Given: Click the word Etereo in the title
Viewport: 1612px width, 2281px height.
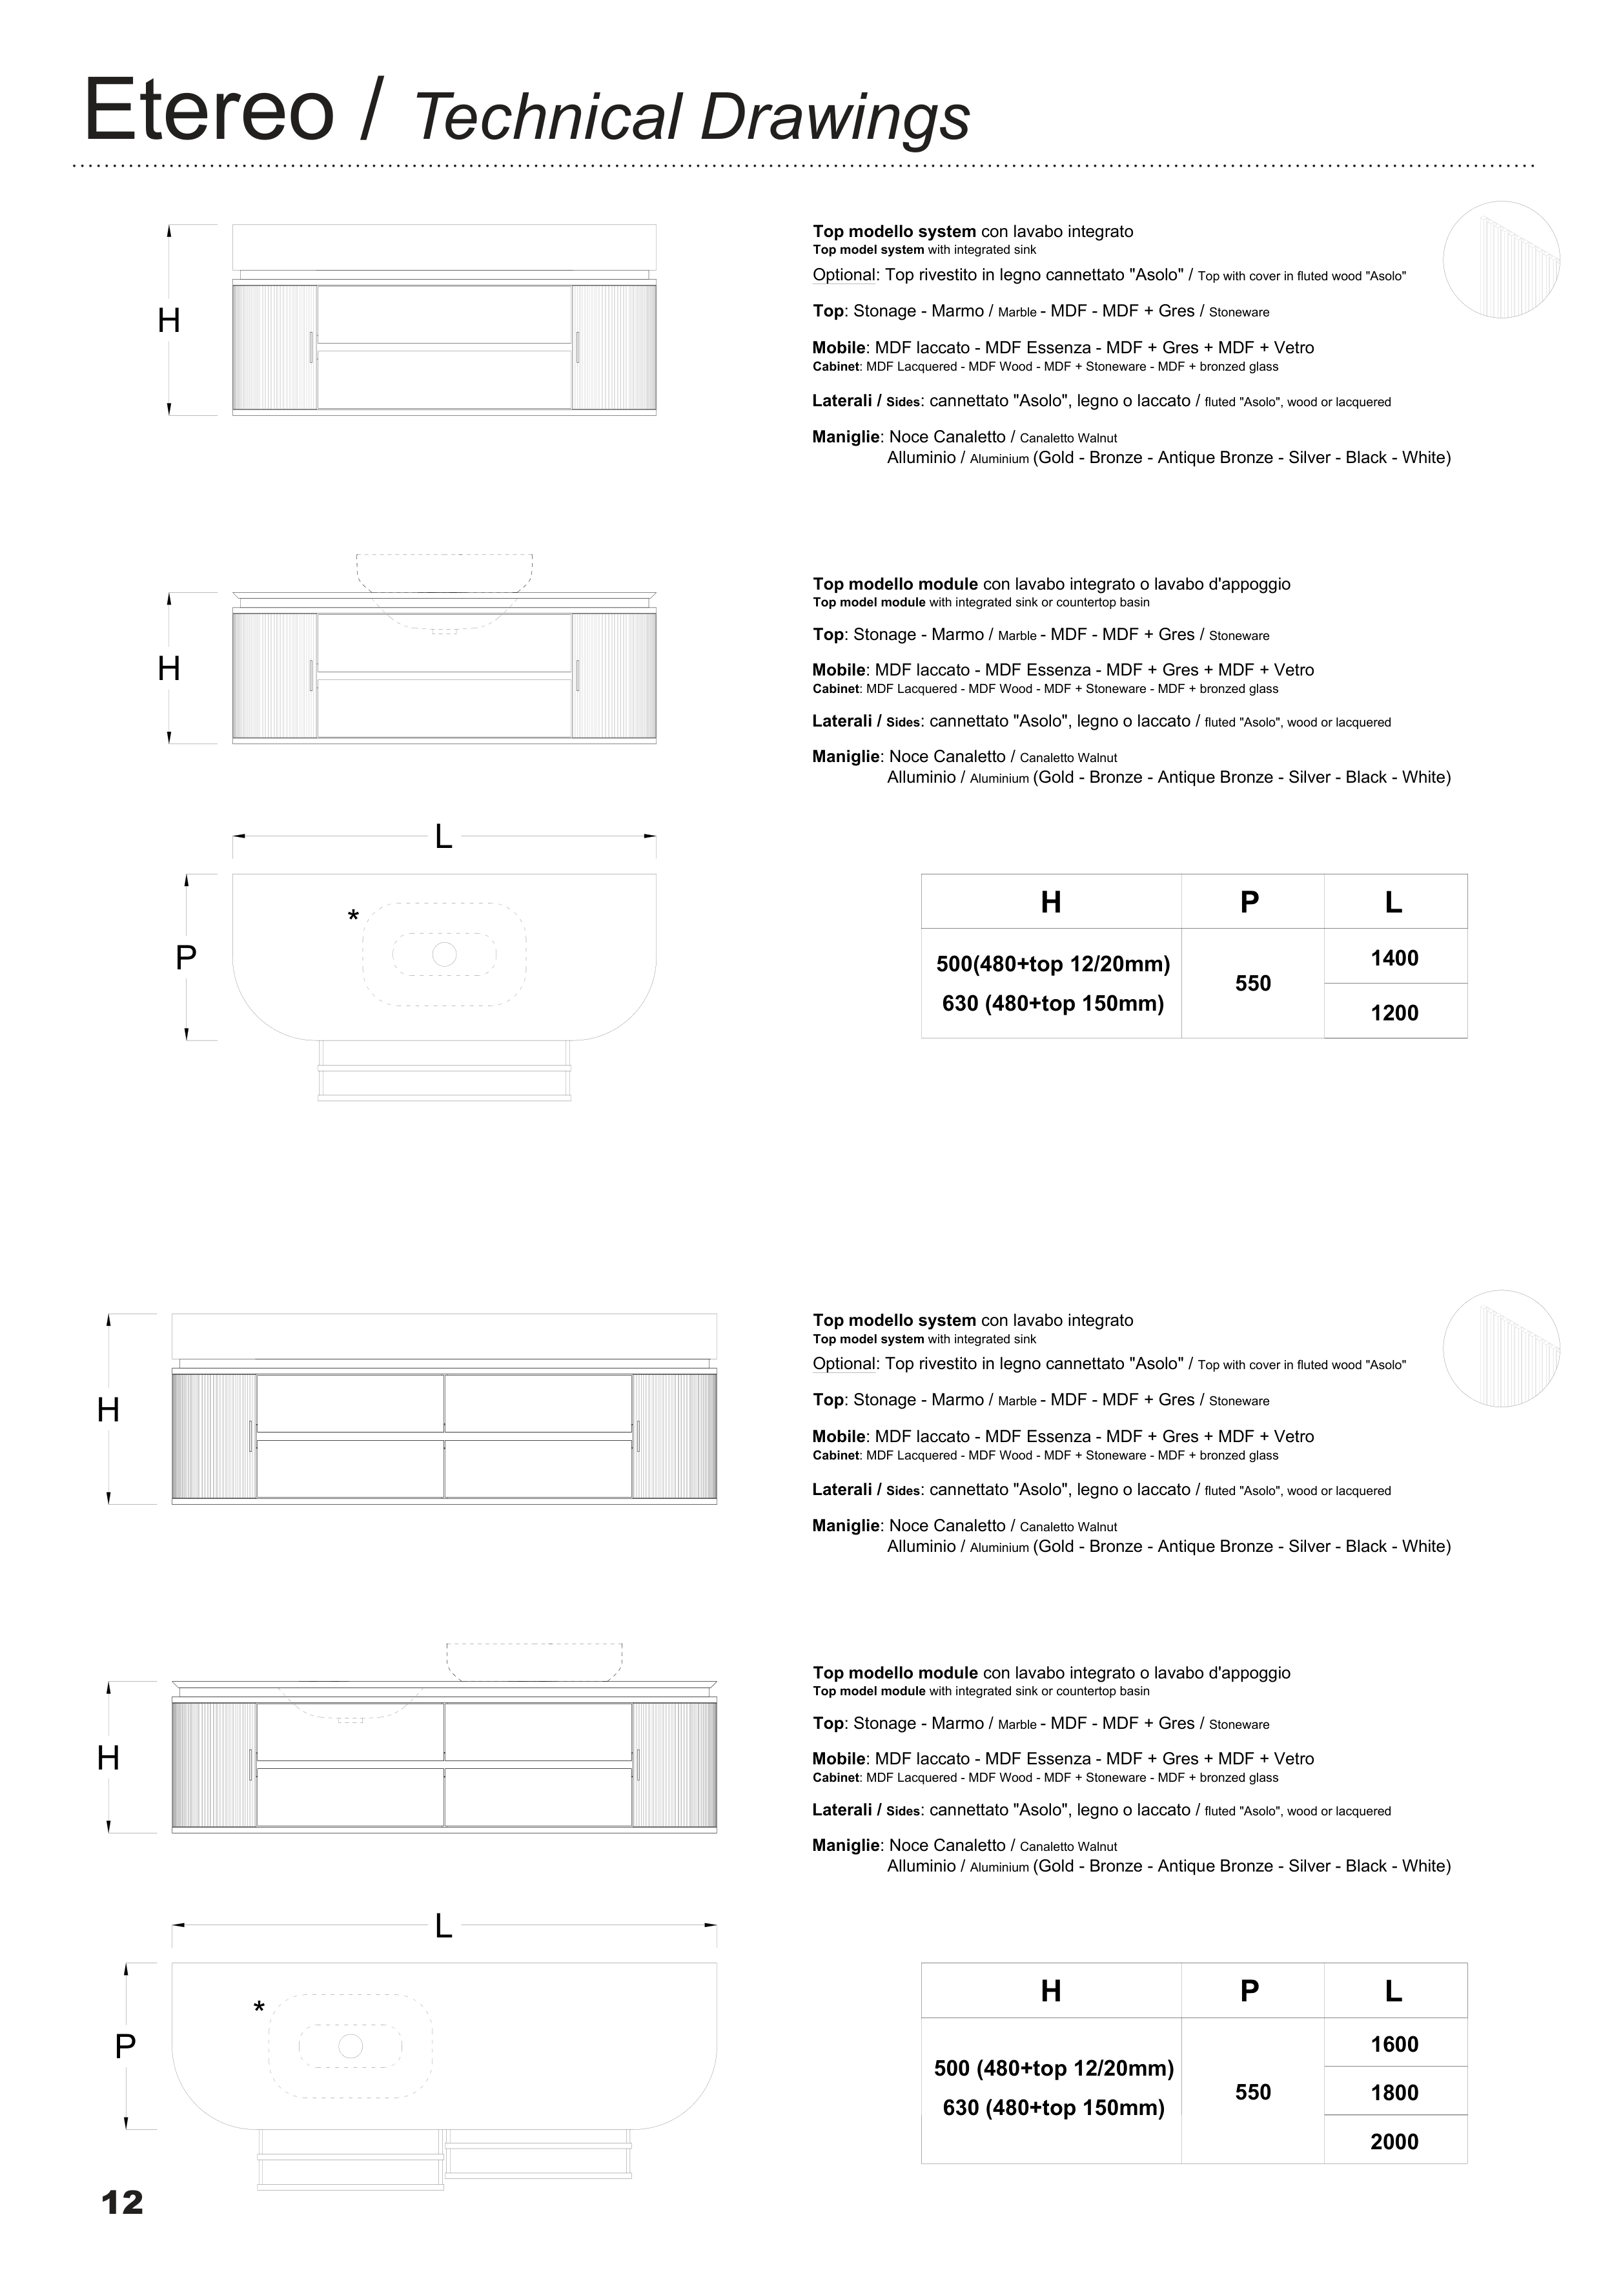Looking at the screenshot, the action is coord(210,110).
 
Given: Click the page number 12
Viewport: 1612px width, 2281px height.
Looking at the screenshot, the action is coord(122,2202).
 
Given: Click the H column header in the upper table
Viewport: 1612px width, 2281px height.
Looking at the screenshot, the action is coord(1051,902).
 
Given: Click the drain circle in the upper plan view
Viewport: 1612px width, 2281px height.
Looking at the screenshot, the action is coord(444,954).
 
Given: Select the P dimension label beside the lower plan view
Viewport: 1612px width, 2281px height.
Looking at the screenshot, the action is coord(125,2047).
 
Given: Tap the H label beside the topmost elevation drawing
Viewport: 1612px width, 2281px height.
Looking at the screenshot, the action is coord(169,321).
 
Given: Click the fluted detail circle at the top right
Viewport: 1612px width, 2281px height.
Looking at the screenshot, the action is coord(1501,260).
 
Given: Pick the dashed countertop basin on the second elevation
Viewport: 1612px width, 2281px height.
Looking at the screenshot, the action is coord(444,574).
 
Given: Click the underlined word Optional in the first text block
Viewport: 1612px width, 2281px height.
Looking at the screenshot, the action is coord(845,275).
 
